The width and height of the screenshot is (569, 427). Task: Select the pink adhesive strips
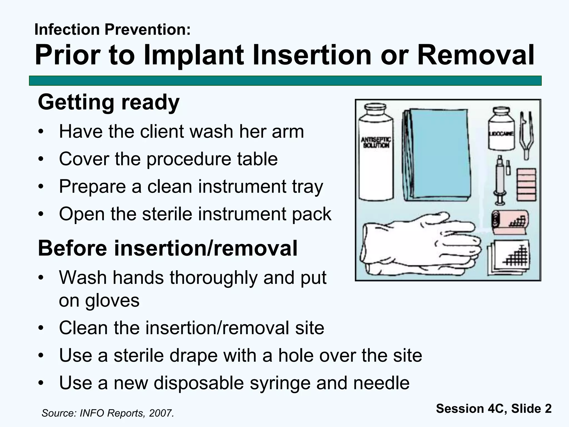click(x=526, y=185)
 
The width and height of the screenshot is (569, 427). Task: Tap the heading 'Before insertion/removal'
click(x=168, y=248)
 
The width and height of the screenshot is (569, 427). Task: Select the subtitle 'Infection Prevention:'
click(x=113, y=29)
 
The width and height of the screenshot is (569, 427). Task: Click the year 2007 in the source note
click(x=160, y=413)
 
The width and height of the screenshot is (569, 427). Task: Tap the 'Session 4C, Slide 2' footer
click(x=494, y=409)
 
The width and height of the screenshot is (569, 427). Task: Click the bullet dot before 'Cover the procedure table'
click(x=41, y=159)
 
